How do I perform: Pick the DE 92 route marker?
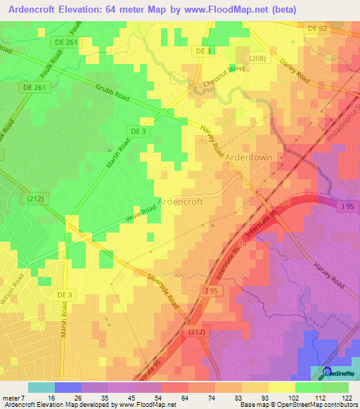click(x=318, y=29)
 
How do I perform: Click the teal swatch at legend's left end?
click(x=41, y=387)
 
